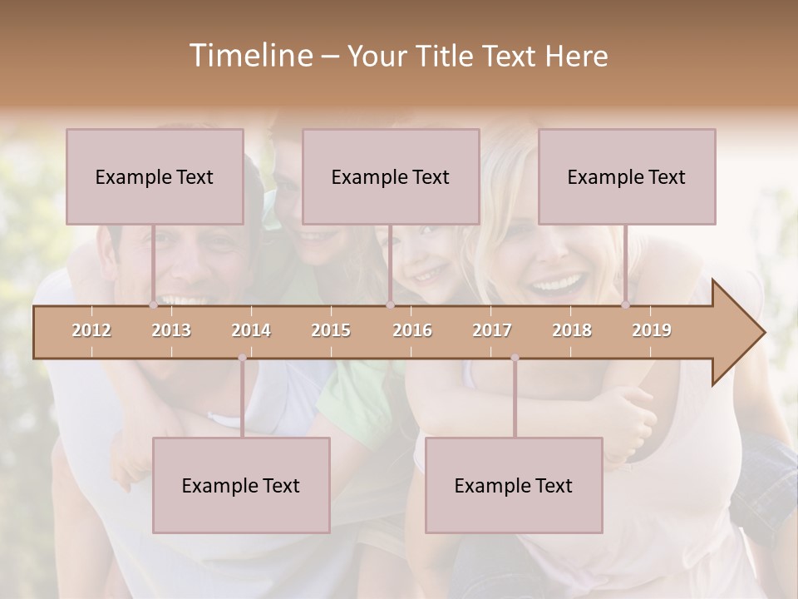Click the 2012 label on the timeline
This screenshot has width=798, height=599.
[x=91, y=330]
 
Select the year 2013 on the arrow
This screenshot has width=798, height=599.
[x=171, y=330]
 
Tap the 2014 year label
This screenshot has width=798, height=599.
[x=251, y=330]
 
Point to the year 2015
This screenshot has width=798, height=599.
[x=331, y=330]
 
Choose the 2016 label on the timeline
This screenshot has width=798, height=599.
[x=412, y=330]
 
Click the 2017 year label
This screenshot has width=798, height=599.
[x=492, y=330]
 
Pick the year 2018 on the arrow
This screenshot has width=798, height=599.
[x=572, y=330]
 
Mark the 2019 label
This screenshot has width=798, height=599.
[x=652, y=330]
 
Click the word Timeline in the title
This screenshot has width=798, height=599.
[x=249, y=56]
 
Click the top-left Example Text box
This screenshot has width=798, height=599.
[x=155, y=176]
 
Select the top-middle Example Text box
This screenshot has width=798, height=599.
[x=391, y=176]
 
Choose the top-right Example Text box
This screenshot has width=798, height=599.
[x=627, y=176]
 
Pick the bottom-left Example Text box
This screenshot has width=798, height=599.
[x=241, y=485]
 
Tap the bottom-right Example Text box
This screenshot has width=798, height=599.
[x=514, y=485]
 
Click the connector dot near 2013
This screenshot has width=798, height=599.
[x=153, y=305]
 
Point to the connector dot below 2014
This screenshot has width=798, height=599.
[x=242, y=358]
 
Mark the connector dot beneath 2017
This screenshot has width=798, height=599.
[x=515, y=358]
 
